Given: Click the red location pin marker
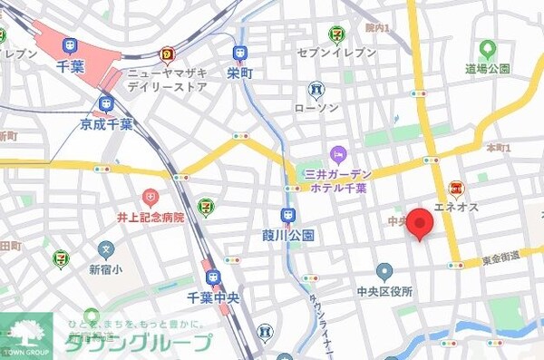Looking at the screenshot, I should pyautogui.click(x=419, y=224).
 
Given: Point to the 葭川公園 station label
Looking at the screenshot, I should pyautogui.click(x=288, y=235).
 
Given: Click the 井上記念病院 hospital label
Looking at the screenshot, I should pyautogui.click(x=150, y=218).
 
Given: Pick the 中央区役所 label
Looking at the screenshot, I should pyautogui.click(x=384, y=292).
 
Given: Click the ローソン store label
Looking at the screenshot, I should pyautogui.click(x=316, y=107).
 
